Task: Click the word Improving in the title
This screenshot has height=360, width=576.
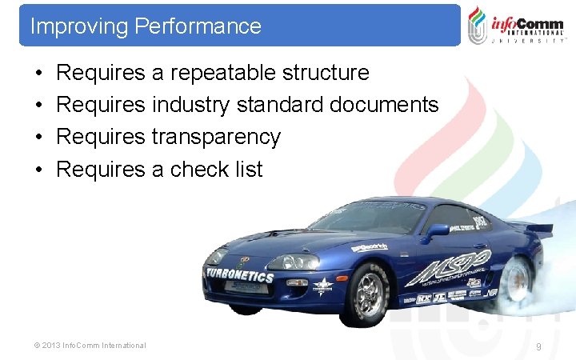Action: [x=79, y=26]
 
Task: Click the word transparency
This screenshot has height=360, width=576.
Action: [x=216, y=137]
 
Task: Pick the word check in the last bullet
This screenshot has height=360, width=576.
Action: [x=200, y=169]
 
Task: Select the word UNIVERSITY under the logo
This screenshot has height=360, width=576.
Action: [x=528, y=40]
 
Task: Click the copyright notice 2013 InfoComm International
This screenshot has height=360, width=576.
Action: [x=89, y=346]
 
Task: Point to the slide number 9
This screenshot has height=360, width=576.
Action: [x=538, y=346]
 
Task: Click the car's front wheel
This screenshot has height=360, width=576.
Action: [x=367, y=292]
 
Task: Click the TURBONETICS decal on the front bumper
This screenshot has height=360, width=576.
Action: [x=239, y=276]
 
